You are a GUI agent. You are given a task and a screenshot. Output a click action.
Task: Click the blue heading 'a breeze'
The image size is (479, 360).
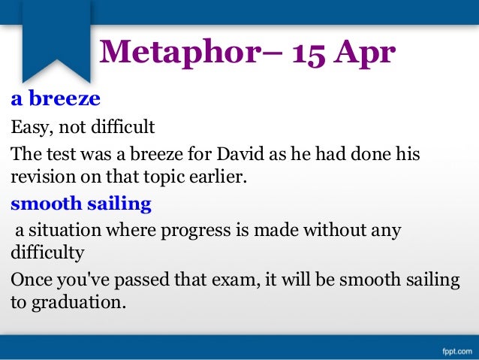coord(55,99)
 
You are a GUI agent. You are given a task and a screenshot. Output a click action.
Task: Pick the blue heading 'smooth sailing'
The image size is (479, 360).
coord(80,204)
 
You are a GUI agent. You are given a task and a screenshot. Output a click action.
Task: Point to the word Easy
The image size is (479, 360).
coord(27,126)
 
